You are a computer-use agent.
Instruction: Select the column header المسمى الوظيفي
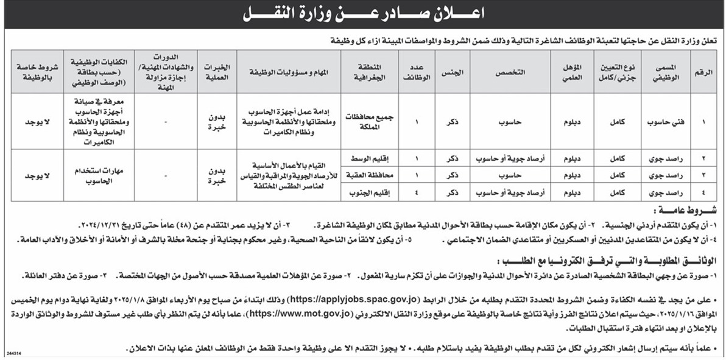pyautogui.click(x=661, y=72)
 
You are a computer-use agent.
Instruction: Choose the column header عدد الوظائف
pyautogui.click(x=417, y=72)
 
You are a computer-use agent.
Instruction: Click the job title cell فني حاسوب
pyautogui.click(x=661, y=121)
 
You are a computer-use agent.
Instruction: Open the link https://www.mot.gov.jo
pyautogui.click(x=299, y=314)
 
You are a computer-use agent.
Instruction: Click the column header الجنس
pyautogui.click(x=453, y=72)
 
